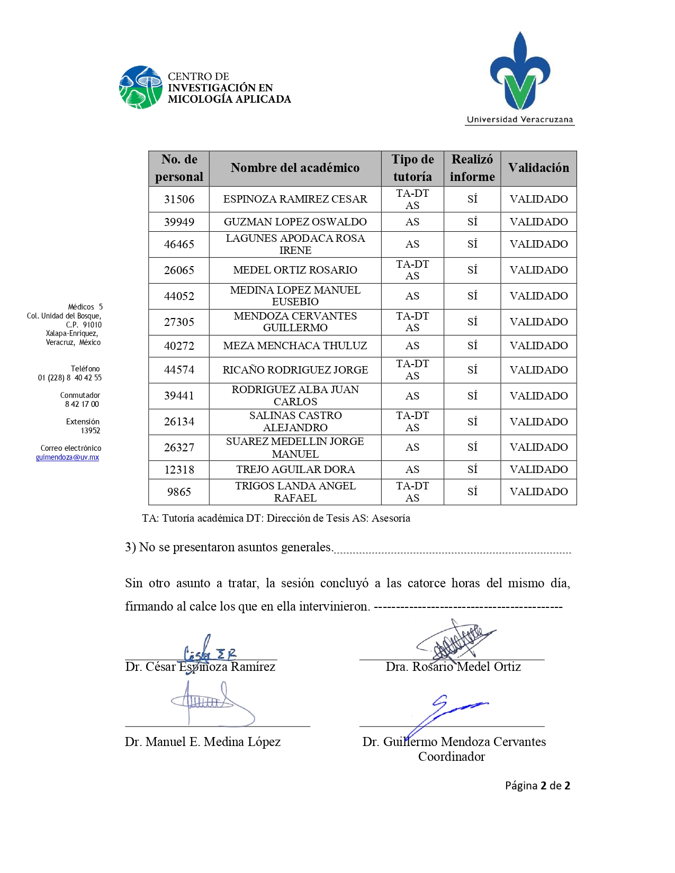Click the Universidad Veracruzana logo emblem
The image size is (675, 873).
click(x=520, y=72)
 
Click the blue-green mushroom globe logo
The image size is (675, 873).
click(x=140, y=87)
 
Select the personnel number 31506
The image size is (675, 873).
click(x=179, y=199)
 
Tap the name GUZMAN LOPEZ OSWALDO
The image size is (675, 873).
click(x=295, y=222)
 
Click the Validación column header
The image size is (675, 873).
click(x=538, y=168)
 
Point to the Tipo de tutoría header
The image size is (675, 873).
click(x=412, y=168)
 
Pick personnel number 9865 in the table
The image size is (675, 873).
click(x=179, y=492)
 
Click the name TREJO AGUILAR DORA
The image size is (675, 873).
click(x=295, y=469)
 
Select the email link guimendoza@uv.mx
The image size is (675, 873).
click(x=67, y=457)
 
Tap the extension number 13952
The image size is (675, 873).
click(x=91, y=431)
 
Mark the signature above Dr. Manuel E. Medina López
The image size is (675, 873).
click(x=212, y=703)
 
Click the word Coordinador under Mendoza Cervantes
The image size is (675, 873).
click(x=451, y=757)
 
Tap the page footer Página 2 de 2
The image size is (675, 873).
click(x=537, y=786)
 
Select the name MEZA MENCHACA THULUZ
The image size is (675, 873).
click(x=295, y=346)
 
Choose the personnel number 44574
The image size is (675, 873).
click(x=179, y=370)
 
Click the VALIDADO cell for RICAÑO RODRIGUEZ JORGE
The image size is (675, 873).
click(x=538, y=370)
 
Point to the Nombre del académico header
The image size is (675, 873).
click(x=295, y=168)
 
